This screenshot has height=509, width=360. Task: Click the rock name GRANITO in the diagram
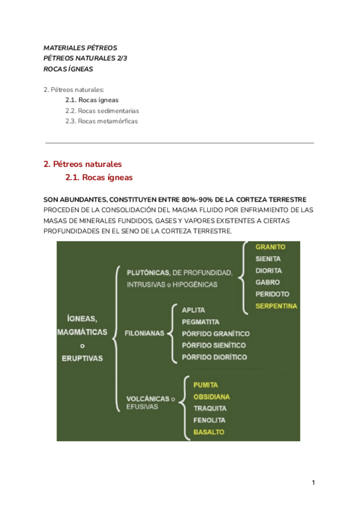click(x=270, y=247)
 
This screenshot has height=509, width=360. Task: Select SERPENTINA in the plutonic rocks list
click(x=276, y=306)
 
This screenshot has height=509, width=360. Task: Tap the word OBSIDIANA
click(x=211, y=397)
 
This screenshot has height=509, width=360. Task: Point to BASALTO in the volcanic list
click(x=209, y=432)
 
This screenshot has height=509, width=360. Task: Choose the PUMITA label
click(x=205, y=385)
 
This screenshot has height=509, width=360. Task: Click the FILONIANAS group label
click(x=144, y=333)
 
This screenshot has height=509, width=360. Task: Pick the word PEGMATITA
click(x=200, y=322)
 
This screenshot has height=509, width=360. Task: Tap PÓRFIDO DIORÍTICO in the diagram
click(x=214, y=357)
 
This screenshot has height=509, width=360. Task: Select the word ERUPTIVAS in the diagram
click(x=82, y=358)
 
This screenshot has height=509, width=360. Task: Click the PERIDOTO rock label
click(x=272, y=294)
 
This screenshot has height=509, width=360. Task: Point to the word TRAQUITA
click(x=209, y=409)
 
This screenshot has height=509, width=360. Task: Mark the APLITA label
click(x=193, y=310)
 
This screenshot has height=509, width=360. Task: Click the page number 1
click(x=313, y=483)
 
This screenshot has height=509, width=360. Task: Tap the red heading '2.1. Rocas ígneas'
click(x=98, y=178)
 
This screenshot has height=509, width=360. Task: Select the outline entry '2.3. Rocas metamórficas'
click(x=101, y=121)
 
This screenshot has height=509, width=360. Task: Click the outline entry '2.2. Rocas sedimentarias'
click(x=102, y=111)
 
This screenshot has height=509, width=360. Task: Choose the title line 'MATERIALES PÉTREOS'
click(x=80, y=47)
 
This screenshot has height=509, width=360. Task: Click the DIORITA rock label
click(x=269, y=271)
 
